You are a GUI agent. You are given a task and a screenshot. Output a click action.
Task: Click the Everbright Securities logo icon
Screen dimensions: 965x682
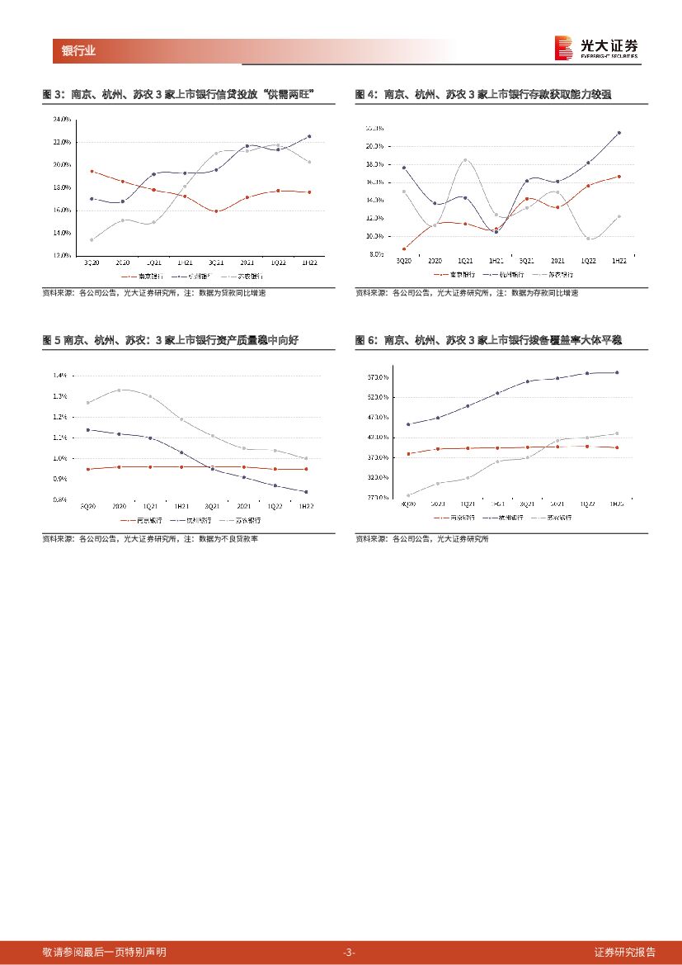point(564,48)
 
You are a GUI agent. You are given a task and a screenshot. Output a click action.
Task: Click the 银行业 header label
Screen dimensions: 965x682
point(78,51)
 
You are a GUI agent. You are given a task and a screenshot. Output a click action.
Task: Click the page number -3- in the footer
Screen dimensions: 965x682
point(349,952)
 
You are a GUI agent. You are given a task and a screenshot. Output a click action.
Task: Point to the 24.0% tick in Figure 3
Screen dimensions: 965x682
point(62,120)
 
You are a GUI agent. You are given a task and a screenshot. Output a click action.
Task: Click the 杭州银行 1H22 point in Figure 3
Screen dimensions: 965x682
point(308,136)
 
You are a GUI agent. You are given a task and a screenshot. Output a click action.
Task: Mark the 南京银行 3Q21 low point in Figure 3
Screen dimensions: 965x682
point(216,211)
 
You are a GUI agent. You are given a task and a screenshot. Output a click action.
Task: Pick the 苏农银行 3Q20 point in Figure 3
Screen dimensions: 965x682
point(91,240)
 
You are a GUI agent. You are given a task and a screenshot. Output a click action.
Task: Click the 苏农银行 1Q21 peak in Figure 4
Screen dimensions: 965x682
point(465,160)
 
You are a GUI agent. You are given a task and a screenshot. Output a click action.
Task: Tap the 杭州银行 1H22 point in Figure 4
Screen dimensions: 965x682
point(619,133)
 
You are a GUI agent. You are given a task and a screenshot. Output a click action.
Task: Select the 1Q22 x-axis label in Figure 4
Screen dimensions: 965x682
point(588,261)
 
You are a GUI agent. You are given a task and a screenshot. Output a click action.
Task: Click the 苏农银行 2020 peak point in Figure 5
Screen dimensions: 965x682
point(120,390)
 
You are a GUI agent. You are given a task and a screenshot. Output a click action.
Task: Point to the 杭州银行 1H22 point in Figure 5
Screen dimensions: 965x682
point(306,492)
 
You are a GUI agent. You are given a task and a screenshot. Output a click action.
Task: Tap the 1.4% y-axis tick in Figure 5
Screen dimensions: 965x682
point(59,376)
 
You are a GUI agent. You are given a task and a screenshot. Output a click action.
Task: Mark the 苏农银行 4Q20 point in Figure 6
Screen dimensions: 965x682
point(408,495)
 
